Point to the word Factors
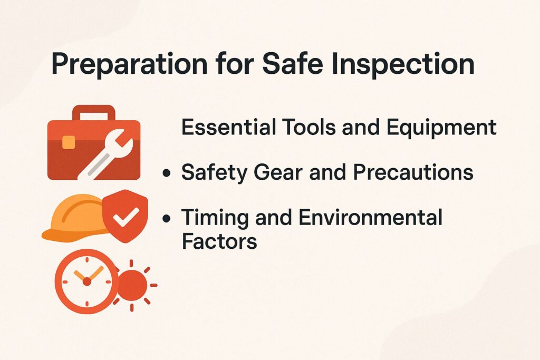(219, 241)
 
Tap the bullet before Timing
(167, 218)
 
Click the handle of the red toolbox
(93, 111)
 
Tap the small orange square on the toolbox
(69, 142)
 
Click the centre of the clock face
(86, 281)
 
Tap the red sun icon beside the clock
(132, 285)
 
